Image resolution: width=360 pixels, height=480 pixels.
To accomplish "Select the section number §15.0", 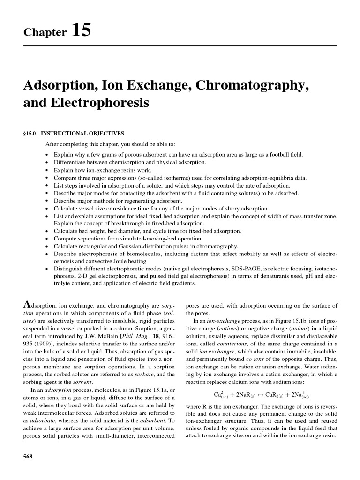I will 32,133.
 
